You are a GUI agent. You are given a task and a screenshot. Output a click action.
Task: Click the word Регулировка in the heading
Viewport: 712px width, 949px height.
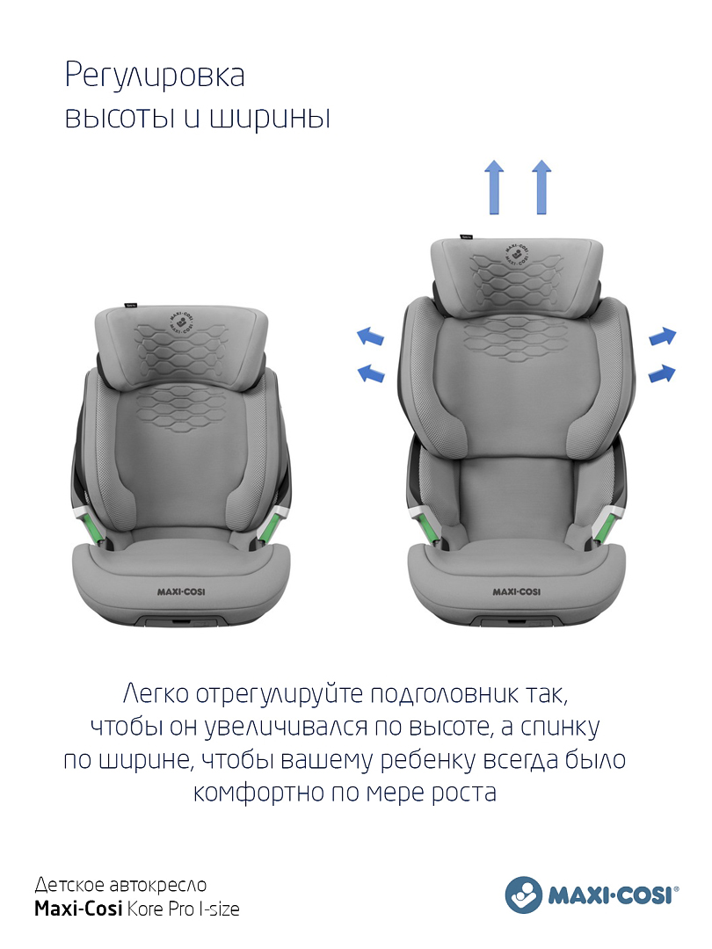155,76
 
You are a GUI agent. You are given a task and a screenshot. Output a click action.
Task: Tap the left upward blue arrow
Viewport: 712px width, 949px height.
495,187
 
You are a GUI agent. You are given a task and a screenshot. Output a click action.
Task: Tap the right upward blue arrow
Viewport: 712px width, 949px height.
541,187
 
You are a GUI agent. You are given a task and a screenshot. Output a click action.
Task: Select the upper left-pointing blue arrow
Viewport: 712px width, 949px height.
370,336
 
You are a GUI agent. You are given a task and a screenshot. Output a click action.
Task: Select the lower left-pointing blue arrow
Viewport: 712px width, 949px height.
371,373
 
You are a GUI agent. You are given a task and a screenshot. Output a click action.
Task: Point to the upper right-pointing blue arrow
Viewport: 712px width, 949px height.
663,336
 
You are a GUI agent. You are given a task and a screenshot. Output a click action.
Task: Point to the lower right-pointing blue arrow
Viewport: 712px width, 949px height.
662,373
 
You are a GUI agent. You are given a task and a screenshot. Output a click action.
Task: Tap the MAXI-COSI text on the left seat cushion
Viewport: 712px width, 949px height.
181,591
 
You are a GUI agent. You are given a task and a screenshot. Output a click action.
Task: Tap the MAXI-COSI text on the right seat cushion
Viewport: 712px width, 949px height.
517,591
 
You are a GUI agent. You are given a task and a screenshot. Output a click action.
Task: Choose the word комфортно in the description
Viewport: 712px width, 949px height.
258,793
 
